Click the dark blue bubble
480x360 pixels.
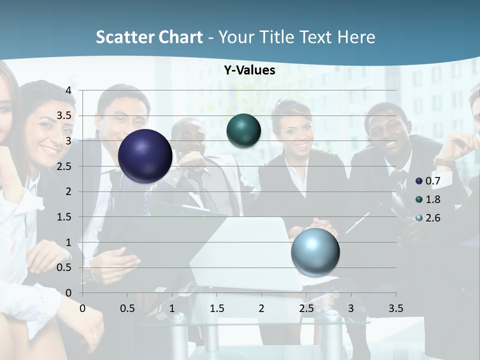pyautogui.click(x=145, y=156)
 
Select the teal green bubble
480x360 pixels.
pyautogui.click(x=243, y=131)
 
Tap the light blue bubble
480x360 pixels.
pyautogui.click(x=315, y=252)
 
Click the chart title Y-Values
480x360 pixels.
pyautogui.click(x=249, y=70)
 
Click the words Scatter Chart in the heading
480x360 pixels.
pyautogui.click(x=149, y=37)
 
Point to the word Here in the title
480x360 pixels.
pyautogui.click(x=356, y=37)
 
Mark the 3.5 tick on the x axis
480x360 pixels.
pyautogui.click(x=395, y=308)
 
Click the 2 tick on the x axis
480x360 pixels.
pyautogui.click(x=261, y=308)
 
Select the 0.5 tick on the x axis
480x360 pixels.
pyautogui.click(x=127, y=308)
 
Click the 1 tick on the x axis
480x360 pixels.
pyautogui.click(x=172, y=308)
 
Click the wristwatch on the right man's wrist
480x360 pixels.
pyautogui.click(x=444, y=162)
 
